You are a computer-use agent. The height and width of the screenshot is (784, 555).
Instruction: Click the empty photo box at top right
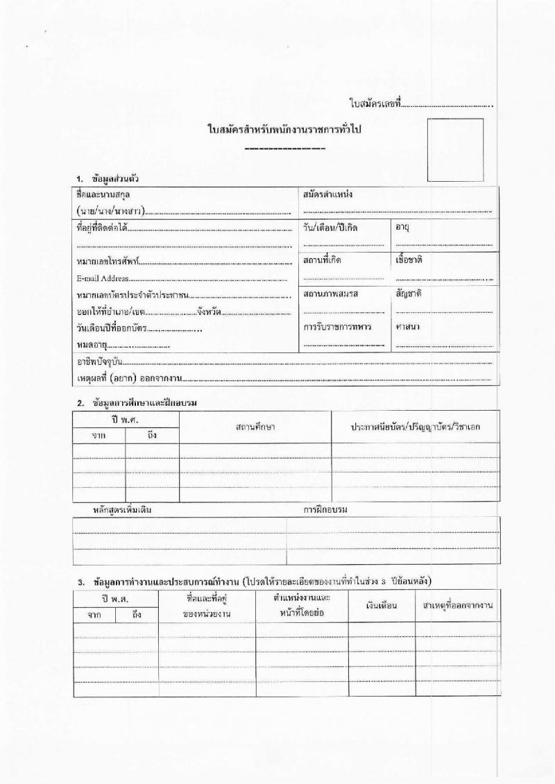pyautogui.click(x=454, y=150)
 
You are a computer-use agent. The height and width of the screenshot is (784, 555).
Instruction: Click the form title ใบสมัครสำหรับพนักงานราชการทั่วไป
pyautogui.click(x=286, y=130)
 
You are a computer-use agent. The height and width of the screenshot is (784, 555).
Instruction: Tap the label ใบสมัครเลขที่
pyautogui.click(x=375, y=103)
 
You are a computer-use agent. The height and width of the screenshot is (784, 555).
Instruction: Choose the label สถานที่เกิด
pyautogui.click(x=323, y=259)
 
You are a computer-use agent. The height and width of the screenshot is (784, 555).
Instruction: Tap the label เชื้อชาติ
pyautogui.click(x=409, y=259)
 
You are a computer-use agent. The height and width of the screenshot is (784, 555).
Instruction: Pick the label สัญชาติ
pyautogui.click(x=408, y=293)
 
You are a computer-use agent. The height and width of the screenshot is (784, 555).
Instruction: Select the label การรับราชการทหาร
pyautogui.click(x=336, y=326)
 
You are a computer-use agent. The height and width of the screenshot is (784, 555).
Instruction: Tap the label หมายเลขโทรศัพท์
pyautogui.click(x=108, y=262)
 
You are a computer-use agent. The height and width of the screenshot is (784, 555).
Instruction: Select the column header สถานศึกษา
pyautogui.click(x=255, y=427)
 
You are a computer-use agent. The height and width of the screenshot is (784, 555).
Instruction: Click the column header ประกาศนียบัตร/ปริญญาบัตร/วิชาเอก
pyautogui.click(x=416, y=427)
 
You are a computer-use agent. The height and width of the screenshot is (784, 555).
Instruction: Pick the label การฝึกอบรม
pyautogui.click(x=325, y=510)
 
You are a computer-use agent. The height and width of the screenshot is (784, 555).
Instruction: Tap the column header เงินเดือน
pyautogui.click(x=382, y=606)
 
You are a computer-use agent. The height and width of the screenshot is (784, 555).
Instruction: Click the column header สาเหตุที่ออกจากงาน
pyautogui.click(x=458, y=606)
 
